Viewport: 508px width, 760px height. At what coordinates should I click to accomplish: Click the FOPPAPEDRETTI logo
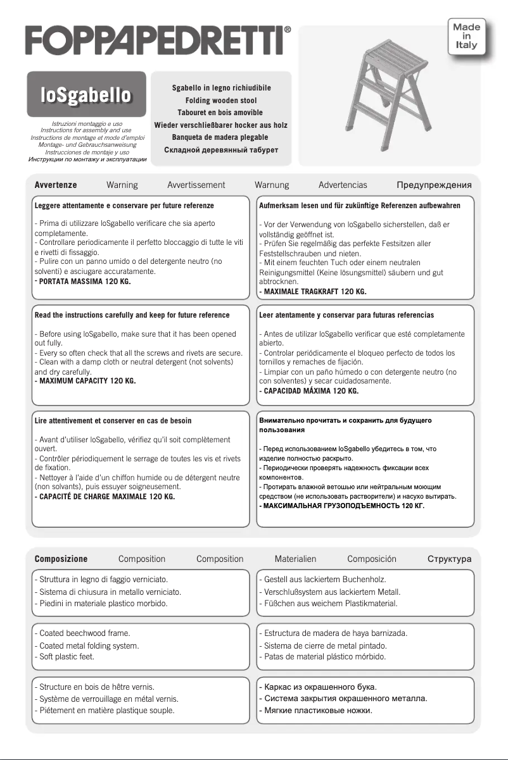(158, 40)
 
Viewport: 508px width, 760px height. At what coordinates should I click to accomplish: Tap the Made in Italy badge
(467, 36)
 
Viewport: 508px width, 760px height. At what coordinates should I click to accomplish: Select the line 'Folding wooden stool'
(220, 101)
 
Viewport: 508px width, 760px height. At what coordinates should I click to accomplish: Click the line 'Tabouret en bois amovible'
(220, 113)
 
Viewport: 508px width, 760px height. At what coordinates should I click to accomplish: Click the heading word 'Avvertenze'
(56, 185)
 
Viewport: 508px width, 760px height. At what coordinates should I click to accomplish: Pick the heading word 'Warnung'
(272, 185)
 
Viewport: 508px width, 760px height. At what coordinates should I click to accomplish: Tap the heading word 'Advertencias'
(343, 185)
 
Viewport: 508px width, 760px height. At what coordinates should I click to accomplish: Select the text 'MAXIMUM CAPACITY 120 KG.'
(87, 382)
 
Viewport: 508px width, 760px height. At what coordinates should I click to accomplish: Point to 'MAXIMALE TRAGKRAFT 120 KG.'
(314, 292)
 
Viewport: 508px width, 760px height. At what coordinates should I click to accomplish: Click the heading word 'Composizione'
(61, 559)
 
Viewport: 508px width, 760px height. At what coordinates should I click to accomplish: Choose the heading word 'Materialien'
(295, 559)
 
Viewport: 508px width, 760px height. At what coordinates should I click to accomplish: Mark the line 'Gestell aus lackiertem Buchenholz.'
(324, 579)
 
